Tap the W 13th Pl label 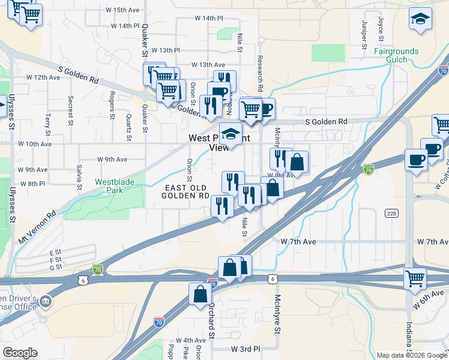[x=166, y=50]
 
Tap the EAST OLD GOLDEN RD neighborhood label [x=187, y=192]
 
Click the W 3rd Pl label [x=246, y=349]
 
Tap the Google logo [x=20, y=353]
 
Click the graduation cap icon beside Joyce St [x=420, y=20]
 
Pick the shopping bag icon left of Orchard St [x=200, y=294]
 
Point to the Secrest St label [x=71, y=107]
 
